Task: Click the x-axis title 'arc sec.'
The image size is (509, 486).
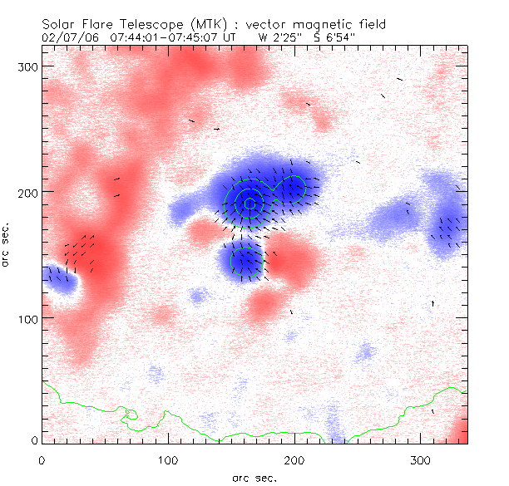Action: click(x=254, y=477)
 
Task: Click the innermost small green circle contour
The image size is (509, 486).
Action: click(x=249, y=204)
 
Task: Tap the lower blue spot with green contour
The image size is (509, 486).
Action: click(x=246, y=260)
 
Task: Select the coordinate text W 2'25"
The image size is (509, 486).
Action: click(x=280, y=37)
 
